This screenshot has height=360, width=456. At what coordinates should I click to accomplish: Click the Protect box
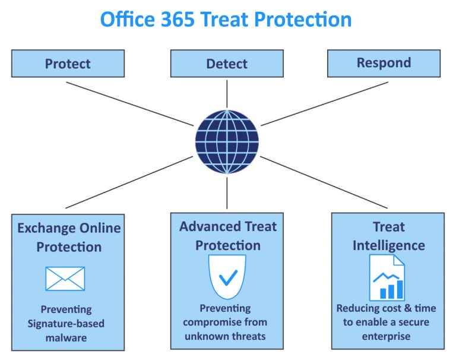pos(68,64)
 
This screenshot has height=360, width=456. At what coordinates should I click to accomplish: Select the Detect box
pos(226,64)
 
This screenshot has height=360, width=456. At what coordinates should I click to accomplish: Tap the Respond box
pos(384,63)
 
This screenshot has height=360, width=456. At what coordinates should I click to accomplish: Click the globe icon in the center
pos(227,142)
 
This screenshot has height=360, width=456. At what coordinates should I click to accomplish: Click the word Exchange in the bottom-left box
pos(47,228)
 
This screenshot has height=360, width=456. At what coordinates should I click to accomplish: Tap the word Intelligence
pos(389,245)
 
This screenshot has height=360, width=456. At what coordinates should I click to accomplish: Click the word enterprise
pos(387,337)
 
